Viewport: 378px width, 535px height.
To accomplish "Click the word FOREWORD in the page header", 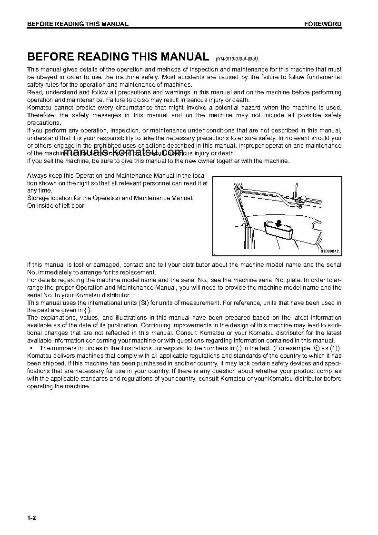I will [x=323, y=24].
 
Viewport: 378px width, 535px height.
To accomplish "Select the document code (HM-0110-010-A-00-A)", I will [x=237, y=59].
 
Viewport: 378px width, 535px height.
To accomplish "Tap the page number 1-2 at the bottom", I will [x=31, y=518].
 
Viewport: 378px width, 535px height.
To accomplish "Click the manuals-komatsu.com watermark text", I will [x=126, y=152].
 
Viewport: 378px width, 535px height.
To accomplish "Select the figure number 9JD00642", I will [x=331, y=251].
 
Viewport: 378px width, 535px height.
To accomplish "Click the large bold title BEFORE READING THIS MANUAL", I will [x=118, y=57].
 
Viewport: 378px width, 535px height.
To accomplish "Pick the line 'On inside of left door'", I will [x=56, y=206].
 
